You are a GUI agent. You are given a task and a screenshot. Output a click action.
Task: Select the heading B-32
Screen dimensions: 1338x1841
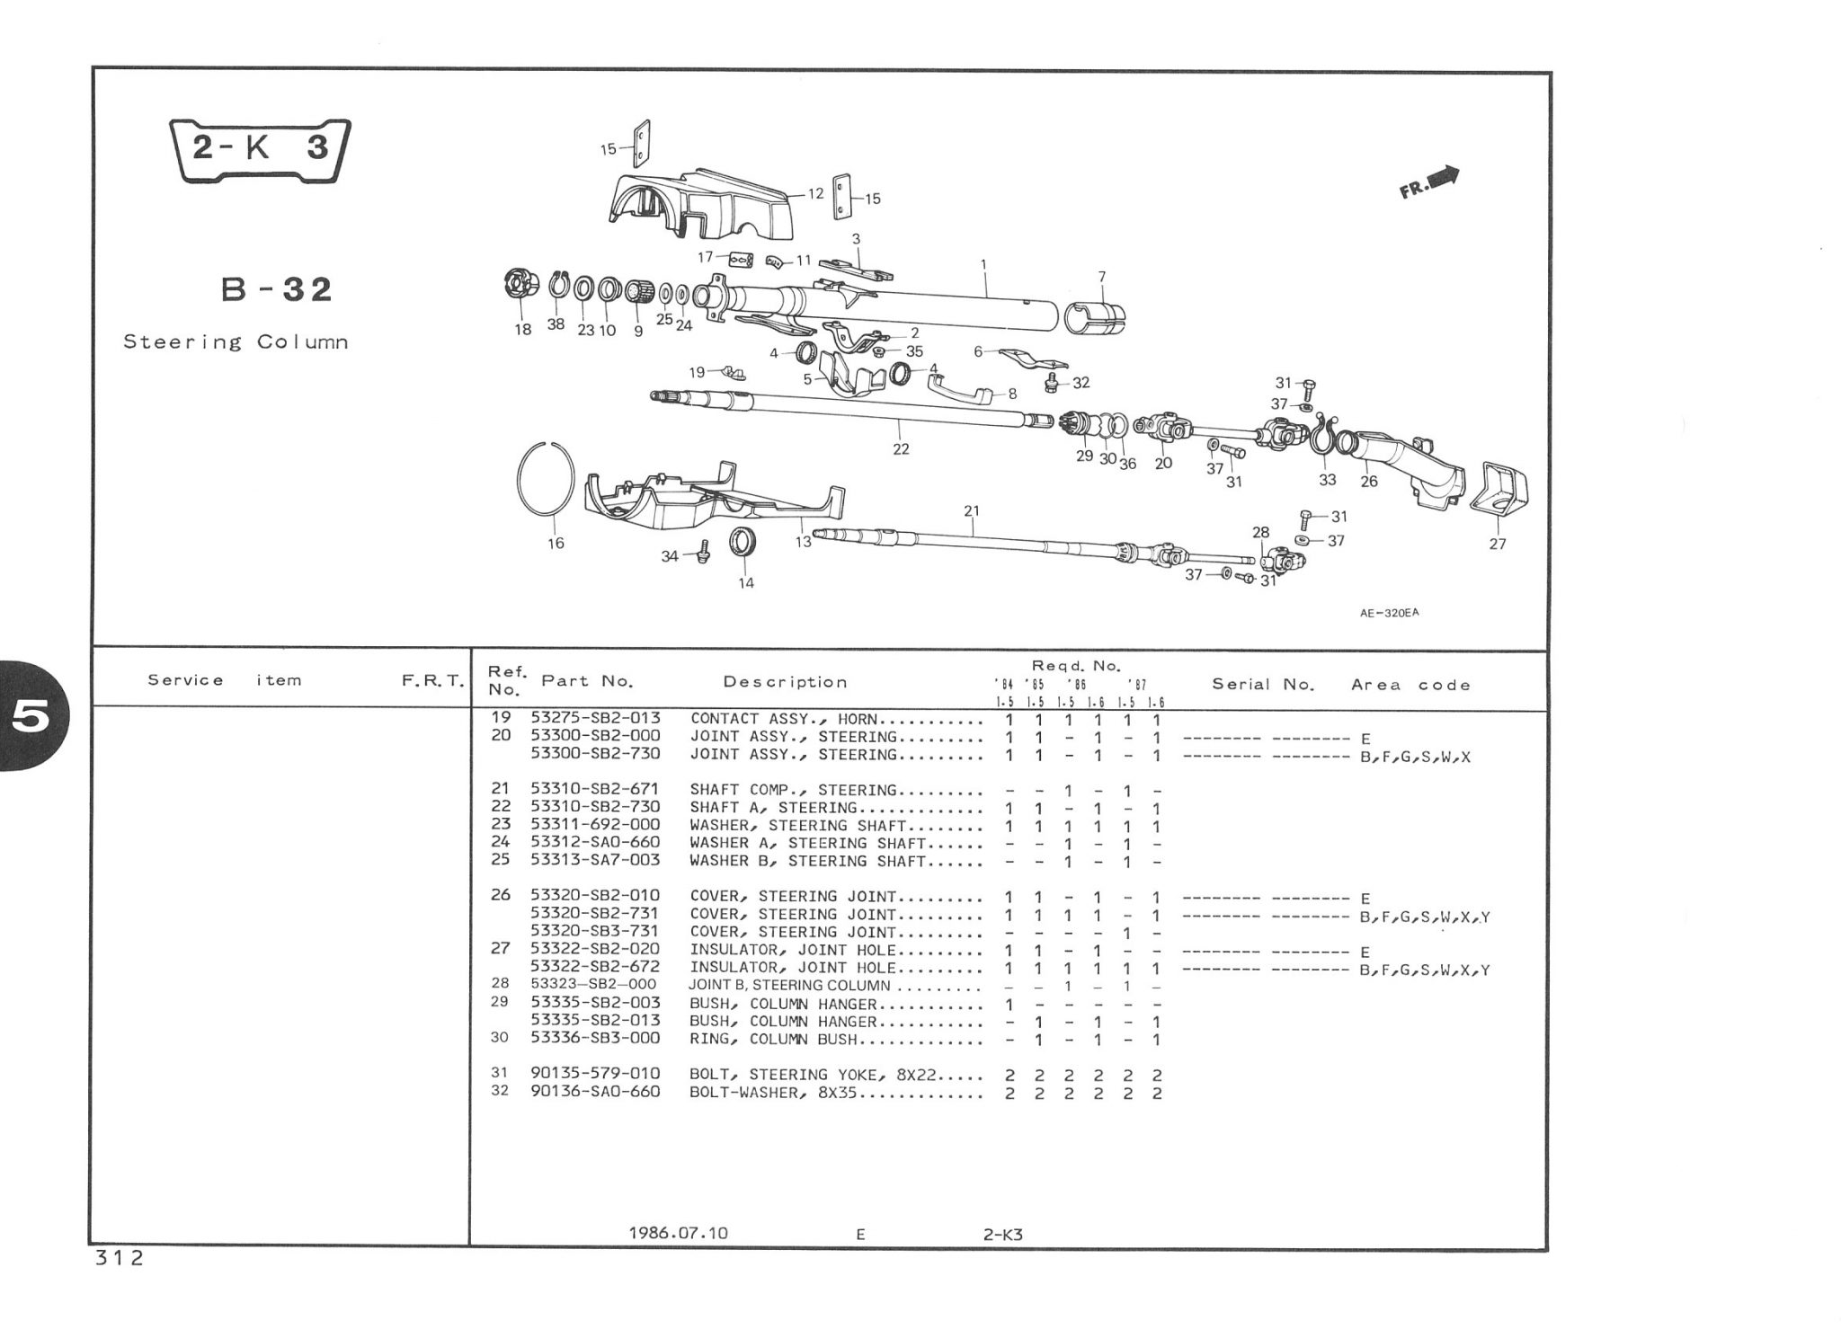[276, 289]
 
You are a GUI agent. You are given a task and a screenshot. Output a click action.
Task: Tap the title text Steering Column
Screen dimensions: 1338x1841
[236, 342]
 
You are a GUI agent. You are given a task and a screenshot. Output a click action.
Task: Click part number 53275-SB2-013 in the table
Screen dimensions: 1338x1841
[595, 718]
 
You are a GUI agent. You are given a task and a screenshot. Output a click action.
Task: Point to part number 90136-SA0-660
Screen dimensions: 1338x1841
[595, 1092]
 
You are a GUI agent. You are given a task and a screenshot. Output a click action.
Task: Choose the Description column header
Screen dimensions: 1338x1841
[785, 682]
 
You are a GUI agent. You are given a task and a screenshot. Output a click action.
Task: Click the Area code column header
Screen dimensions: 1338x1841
[1410, 685]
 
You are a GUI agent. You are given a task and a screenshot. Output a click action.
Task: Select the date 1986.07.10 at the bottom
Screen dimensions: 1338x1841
[678, 1233]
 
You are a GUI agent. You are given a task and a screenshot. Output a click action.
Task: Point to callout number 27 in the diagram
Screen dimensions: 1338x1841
[1498, 544]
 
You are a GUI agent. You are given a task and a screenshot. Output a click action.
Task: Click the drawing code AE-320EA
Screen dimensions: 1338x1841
[1389, 614]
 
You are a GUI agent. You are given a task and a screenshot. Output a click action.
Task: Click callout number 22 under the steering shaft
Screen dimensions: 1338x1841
[901, 449]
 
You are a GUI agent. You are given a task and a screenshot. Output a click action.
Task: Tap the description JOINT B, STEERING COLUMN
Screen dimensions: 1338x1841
[788, 985]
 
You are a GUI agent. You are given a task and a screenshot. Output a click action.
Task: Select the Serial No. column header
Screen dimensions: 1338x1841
[1263, 684]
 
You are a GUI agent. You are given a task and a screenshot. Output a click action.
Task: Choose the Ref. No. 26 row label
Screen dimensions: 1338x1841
[501, 895]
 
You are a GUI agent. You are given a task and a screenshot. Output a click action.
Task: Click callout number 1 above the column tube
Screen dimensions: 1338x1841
[983, 264]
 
